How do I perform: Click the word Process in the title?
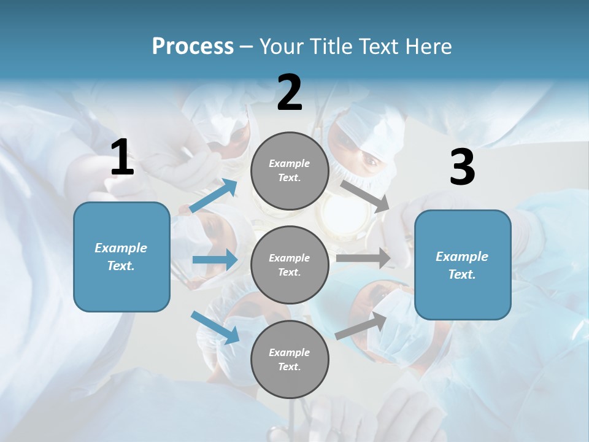(x=193, y=47)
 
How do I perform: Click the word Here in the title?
(x=428, y=47)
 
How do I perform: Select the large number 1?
(x=122, y=158)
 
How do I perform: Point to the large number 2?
(x=290, y=93)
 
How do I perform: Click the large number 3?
(x=462, y=168)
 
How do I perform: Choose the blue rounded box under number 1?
(x=121, y=257)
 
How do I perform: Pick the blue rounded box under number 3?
(x=463, y=265)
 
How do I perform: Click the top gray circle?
(x=290, y=171)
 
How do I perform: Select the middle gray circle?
(x=290, y=265)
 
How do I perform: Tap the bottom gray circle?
(x=290, y=359)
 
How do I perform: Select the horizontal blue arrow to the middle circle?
(x=215, y=260)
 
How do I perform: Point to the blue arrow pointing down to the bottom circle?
(x=215, y=327)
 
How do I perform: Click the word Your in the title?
(x=281, y=47)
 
